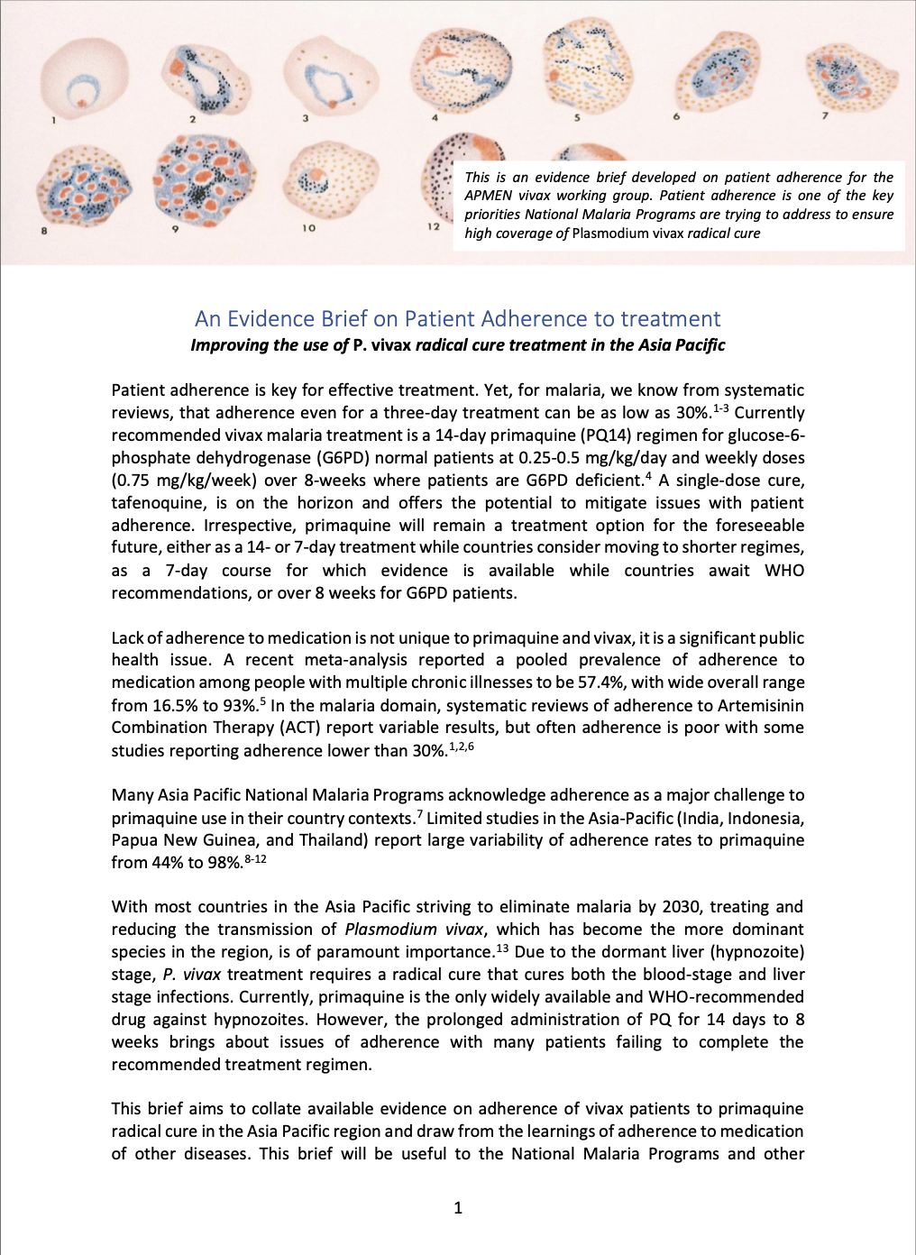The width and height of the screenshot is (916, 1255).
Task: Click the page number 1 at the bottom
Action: pos(458,1208)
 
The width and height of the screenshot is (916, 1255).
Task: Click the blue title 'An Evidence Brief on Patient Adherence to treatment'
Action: pos(457,319)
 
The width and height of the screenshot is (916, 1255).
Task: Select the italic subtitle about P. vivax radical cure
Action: pos(457,345)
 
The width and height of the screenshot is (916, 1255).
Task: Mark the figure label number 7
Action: pos(824,115)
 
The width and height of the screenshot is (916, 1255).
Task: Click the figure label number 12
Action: pos(434,226)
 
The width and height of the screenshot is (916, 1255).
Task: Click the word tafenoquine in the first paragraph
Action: pos(160,503)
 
